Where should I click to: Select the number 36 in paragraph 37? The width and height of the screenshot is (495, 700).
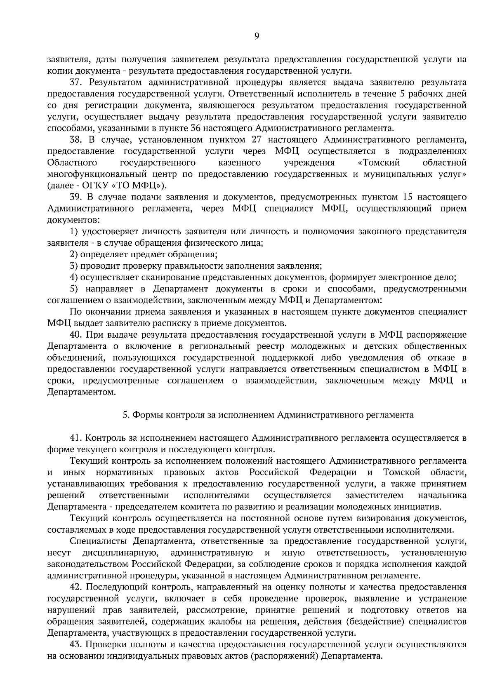tap(196, 127)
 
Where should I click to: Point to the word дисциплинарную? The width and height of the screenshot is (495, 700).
tap(122, 552)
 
